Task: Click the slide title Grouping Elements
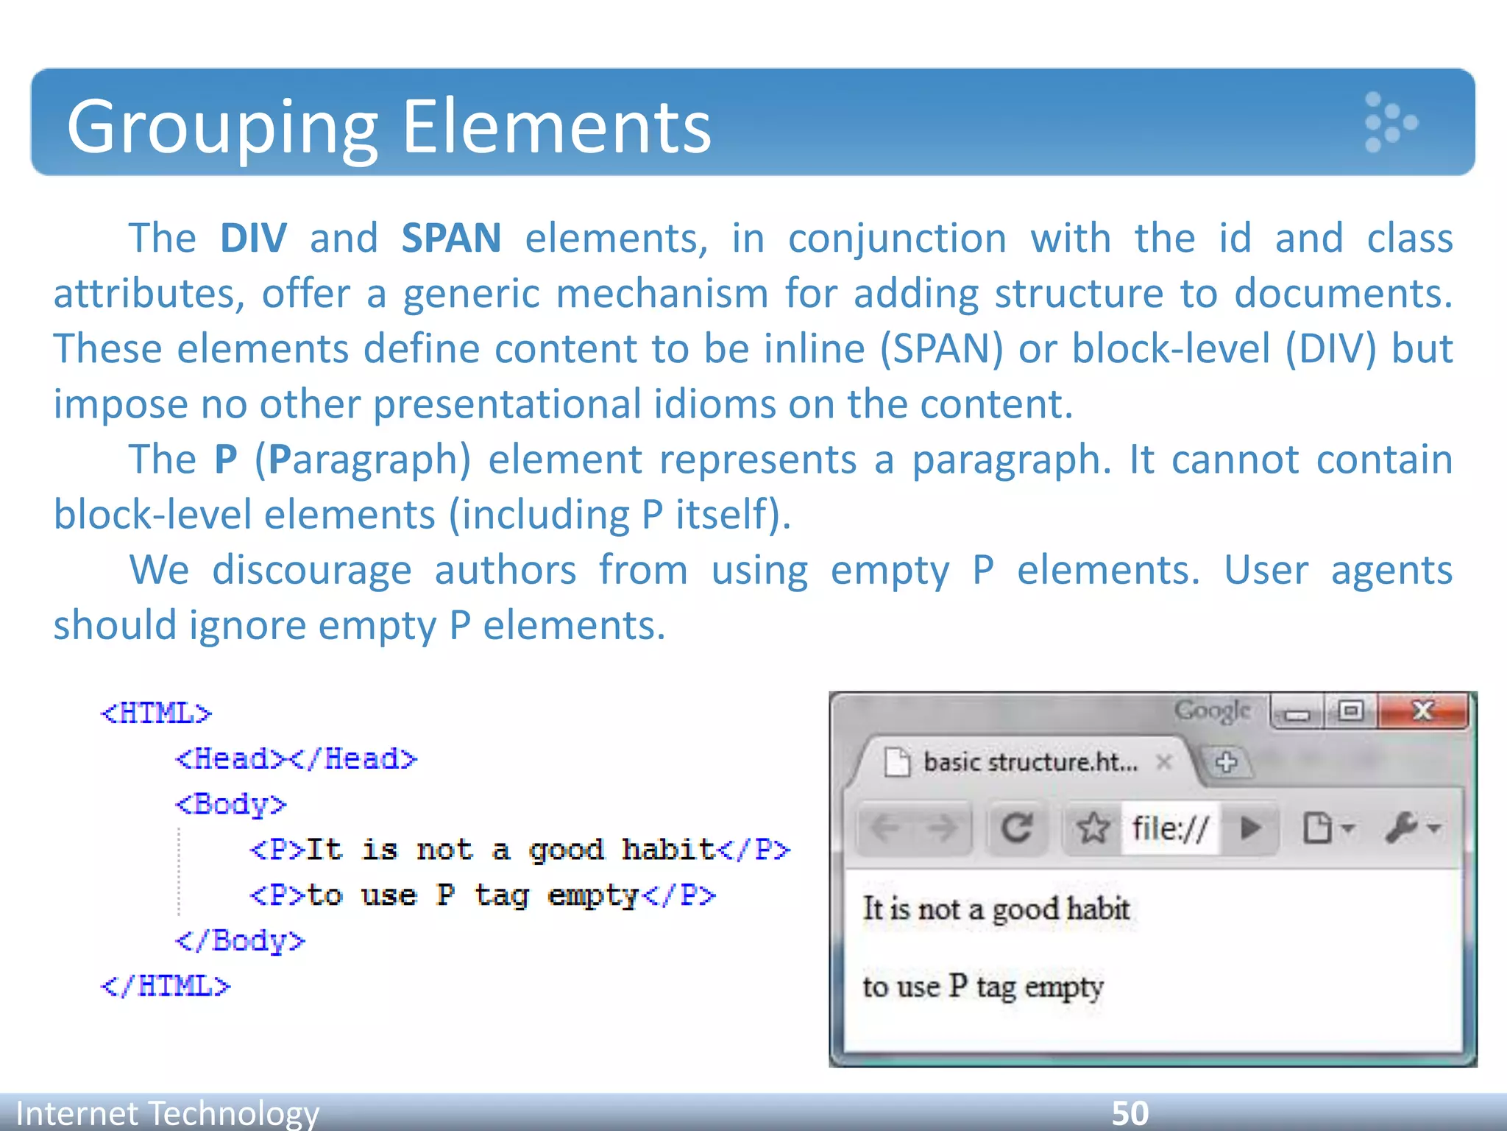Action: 389,127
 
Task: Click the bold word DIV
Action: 253,239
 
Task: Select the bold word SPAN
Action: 451,239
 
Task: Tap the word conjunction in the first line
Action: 897,239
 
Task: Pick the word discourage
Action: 311,571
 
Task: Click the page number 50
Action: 1130,1113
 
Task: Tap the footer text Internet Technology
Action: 168,1113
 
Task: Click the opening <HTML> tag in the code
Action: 156,714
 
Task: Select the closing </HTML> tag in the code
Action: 166,986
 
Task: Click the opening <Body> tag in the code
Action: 230,804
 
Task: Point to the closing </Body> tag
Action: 240,941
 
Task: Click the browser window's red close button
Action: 1422,711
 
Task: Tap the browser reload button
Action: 1017,828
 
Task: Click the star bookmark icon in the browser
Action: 1093,828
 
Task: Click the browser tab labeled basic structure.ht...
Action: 1029,762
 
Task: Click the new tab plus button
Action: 1226,762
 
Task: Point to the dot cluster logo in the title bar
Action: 1389,122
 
